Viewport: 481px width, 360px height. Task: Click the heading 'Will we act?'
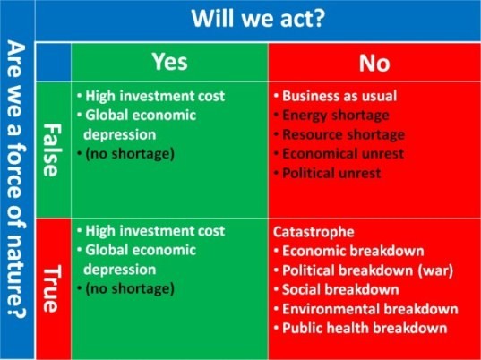point(258,19)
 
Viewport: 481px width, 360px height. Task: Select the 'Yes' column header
point(170,63)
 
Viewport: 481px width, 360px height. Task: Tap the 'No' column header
point(374,64)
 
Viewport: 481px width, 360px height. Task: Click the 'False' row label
point(51,150)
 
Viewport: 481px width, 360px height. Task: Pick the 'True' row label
point(51,288)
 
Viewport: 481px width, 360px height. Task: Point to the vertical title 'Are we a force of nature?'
point(16,179)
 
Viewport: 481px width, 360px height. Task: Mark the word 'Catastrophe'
point(314,232)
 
